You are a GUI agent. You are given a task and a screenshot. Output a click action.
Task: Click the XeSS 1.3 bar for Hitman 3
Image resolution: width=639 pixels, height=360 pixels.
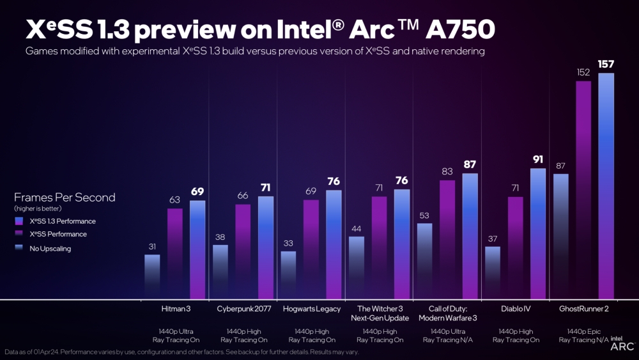pos(197,249)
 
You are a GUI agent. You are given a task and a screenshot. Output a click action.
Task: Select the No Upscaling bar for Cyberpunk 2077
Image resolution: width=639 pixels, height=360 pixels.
pos(220,272)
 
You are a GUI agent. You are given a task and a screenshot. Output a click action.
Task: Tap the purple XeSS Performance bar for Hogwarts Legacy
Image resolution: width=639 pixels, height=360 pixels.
pos(311,249)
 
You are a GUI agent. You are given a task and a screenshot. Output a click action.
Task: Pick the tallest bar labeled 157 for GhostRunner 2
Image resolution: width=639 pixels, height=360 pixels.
pos(606,185)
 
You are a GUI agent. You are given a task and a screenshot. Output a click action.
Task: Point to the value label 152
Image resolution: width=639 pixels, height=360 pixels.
pos(583,72)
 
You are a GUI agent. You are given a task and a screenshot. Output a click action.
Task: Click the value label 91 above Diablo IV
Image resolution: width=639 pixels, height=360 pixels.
pos(538,159)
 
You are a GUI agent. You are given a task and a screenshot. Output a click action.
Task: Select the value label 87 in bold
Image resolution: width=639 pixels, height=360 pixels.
pos(470,164)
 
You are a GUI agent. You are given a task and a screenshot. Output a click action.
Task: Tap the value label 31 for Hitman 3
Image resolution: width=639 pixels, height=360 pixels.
pos(152,246)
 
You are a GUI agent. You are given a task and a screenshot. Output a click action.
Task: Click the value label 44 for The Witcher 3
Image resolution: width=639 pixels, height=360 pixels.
pos(357,228)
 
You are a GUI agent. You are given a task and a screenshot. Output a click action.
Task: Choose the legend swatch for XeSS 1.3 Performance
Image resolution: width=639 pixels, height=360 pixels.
pos(18,221)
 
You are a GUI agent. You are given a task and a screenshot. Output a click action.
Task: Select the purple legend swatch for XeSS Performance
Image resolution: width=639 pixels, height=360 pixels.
pos(18,235)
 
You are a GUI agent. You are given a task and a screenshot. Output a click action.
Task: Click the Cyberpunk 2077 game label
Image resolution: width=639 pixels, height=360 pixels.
pos(242,309)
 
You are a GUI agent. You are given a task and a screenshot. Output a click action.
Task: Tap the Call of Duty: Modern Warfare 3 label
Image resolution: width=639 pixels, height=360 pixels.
pos(447,313)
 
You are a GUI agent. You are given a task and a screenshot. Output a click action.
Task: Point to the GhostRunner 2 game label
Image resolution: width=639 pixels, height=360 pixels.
pos(583,309)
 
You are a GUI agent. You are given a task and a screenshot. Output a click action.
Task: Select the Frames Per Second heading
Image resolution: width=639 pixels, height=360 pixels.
pos(65,197)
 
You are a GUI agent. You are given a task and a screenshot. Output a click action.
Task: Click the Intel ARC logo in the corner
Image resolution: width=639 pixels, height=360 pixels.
pos(622,344)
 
